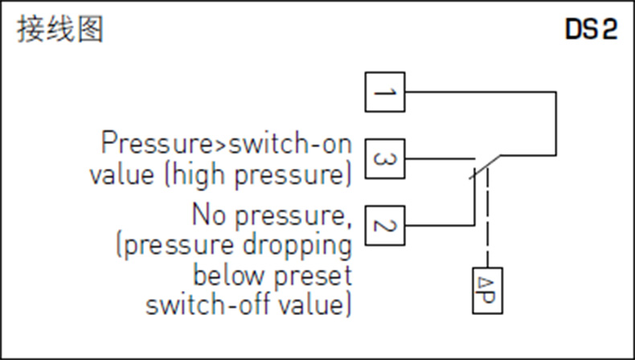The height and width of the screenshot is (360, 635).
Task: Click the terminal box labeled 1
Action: (x=385, y=92)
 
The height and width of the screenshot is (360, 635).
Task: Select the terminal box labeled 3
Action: (x=385, y=159)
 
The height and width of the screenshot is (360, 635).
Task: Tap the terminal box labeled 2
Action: (x=385, y=226)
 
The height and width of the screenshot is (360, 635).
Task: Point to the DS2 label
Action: (x=590, y=31)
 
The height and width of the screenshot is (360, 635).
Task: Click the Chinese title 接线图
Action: (x=61, y=31)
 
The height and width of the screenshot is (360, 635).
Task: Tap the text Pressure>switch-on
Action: (x=226, y=145)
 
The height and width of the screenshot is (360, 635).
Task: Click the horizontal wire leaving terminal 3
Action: (x=438, y=159)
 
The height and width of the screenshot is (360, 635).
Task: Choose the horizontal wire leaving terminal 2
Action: (x=438, y=226)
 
